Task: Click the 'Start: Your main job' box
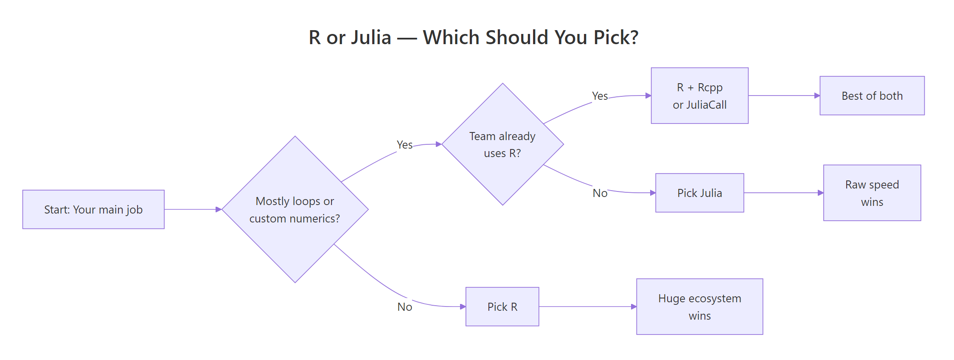point(93,209)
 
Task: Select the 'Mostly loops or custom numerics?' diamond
point(295,209)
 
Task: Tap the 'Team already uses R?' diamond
point(502,144)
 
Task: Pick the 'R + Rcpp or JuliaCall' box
point(699,96)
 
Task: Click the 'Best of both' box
point(872,96)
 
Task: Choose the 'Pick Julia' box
point(699,193)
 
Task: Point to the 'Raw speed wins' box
point(872,193)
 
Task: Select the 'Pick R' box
point(502,307)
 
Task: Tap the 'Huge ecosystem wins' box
point(699,307)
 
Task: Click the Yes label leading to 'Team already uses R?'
point(404,145)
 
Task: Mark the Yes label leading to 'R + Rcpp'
point(600,96)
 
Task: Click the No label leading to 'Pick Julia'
point(600,193)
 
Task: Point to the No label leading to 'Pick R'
point(404,307)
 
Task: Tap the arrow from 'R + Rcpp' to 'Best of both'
point(783,96)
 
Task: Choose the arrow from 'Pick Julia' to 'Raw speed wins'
point(783,193)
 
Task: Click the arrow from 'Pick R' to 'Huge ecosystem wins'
point(587,307)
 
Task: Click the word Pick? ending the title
point(616,37)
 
